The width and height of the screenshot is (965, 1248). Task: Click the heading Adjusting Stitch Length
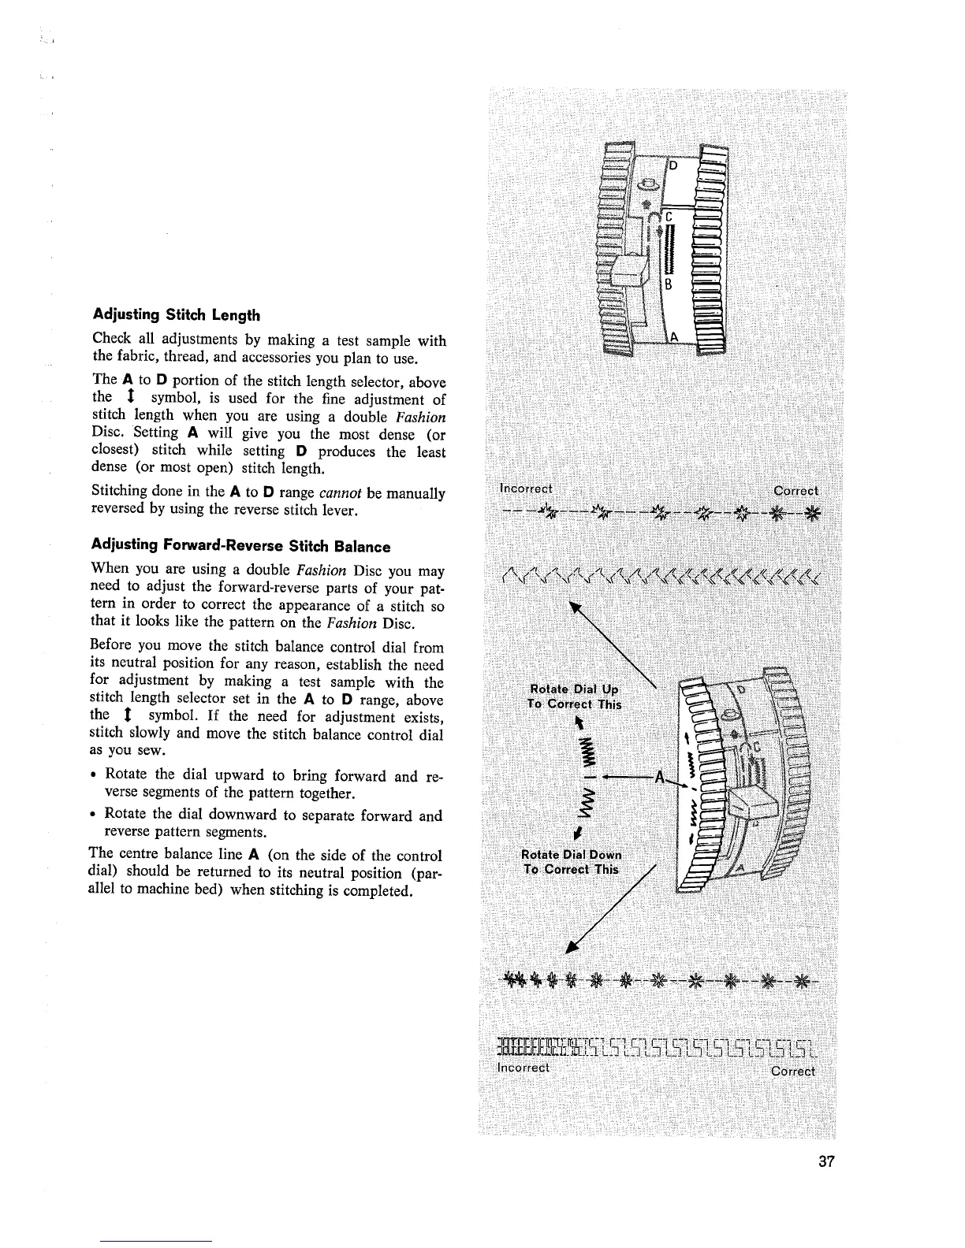click(x=176, y=315)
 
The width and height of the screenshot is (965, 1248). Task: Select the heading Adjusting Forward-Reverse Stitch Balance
click(x=241, y=546)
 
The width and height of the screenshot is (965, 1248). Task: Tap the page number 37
click(x=826, y=1162)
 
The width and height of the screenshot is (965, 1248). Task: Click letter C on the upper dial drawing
click(x=667, y=217)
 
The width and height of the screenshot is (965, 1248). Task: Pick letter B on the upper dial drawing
click(x=666, y=285)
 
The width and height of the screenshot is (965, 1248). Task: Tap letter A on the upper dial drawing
click(x=674, y=338)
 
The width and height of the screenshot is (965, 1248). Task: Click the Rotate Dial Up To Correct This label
click(x=575, y=696)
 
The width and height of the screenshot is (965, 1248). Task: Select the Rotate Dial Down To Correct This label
click(x=573, y=862)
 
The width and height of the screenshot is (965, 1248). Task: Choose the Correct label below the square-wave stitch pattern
click(x=792, y=1071)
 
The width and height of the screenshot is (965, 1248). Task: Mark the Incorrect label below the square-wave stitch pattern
click(x=523, y=1068)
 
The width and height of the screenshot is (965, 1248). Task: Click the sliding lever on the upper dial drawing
click(x=630, y=273)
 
